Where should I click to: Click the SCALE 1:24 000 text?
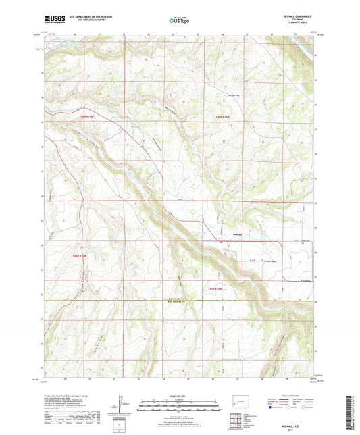point(178,395)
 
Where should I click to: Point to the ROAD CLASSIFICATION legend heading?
point(295,395)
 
